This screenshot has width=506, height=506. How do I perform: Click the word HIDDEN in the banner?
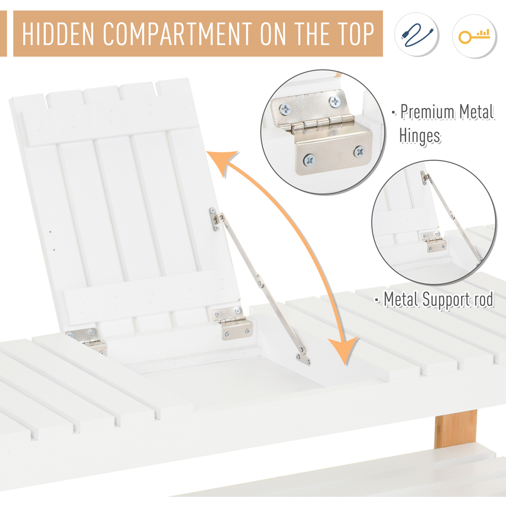point(58,33)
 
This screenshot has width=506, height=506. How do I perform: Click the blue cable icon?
point(417,34)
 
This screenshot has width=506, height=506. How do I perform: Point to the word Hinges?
point(419,136)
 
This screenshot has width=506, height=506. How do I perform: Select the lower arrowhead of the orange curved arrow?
point(344,350)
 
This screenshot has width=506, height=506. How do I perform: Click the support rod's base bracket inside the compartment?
point(303,357)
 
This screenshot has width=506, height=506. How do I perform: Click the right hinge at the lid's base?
point(232,323)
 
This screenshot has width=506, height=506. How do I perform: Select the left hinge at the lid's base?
point(88,341)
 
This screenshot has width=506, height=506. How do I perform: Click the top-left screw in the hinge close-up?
point(285,109)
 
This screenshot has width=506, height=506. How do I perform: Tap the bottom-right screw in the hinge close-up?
point(359,151)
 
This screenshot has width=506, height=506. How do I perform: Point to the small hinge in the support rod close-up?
point(434,242)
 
